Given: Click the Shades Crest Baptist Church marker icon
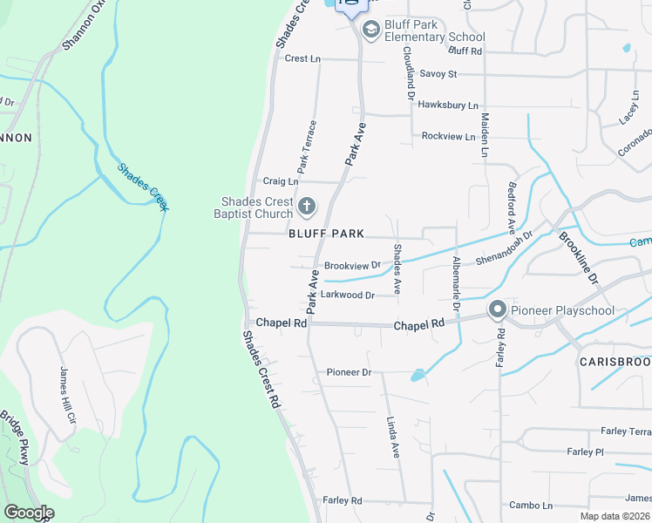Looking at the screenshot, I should (x=306, y=207).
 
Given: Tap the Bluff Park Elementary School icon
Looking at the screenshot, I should (x=370, y=31).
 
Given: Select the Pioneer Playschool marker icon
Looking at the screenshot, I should (x=498, y=310).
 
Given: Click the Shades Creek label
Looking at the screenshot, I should (x=143, y=187).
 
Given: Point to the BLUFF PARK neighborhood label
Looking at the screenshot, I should (x=326, y=234).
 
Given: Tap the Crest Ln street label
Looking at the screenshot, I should (x=302, y=58).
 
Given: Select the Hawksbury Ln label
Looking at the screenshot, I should (x=448, y=105).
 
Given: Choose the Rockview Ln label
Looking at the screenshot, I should (x=448, y=137).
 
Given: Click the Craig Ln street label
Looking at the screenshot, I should (x=280, y=181).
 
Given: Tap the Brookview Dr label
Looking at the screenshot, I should (x=352, y=265).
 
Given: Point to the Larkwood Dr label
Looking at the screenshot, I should (x=347, y=295).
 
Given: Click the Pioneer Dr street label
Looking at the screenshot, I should (x=349, y=372).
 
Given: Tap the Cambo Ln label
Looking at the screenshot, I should (x=531, y=506).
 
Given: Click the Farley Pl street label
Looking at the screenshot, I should (x=585, y=452).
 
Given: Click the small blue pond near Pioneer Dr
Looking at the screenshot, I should (x=418, y=376).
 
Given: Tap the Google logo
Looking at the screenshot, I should (x=29, y=513).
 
